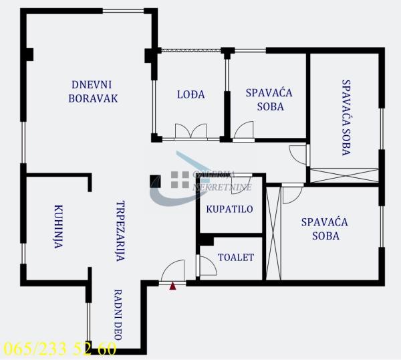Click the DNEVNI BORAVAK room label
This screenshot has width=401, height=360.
tap(93, 91)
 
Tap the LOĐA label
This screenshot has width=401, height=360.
tap(190, 94)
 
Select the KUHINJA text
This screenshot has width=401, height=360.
tap(58, 227)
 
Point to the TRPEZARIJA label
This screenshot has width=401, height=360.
tap(121, 231)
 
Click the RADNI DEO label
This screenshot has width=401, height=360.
tap(117, 313)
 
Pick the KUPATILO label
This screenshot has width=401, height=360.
tap(229, 209)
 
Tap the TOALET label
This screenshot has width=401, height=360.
tap(236, 257)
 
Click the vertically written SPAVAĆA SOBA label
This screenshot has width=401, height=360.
tap(346, 118)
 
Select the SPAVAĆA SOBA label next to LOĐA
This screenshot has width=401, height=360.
tap(269, 100)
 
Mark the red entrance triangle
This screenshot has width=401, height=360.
tap(172, 286)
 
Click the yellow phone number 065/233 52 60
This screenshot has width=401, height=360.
tap(59, 349)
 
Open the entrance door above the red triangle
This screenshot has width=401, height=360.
tap(172, 272)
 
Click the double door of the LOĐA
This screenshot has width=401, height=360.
tap(190, 131)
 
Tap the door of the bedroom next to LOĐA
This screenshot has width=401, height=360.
tap(244, 130)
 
